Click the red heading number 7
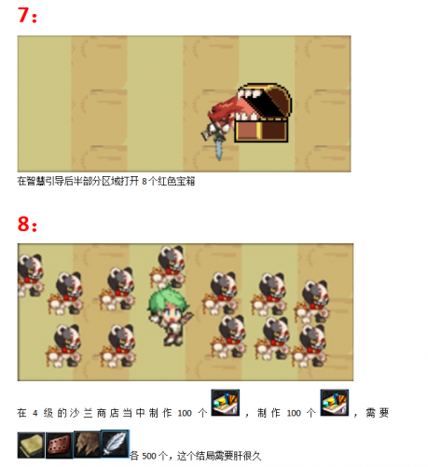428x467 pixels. pyautogui.click(x=23, y=16)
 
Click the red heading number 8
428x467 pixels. pyautogui.click(x=23, y=224)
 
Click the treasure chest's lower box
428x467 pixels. pyautogui.click(x=261, y=131)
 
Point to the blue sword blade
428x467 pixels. pyautogui.click(x=219, y=150)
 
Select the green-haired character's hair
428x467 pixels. pyautogui.click(x=166, y=300)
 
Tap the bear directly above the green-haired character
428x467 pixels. pyautogui.click(x=169, y=266)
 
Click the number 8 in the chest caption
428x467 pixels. pyautogui.click(x=145, y=182)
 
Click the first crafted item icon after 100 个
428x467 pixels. pyautogui.click(x=226, y=403)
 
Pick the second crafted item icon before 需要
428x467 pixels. pyautogui.click(x=335, y=403)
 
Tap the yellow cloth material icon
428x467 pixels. pyautogui.click(x=31, y=446)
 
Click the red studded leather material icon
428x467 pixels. pyautogui.click(x=60, y=446)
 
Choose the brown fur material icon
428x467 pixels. pyautogui.click(x=88, y=445)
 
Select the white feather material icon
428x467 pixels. pyautogui.click(x=115, y=444)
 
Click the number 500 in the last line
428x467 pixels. pyautogui.click(x=149, y=456)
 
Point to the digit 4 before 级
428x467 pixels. pyautogui.click(x=35, y=413)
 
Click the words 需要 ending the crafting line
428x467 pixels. pyautogui.click(x=378, y=413)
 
